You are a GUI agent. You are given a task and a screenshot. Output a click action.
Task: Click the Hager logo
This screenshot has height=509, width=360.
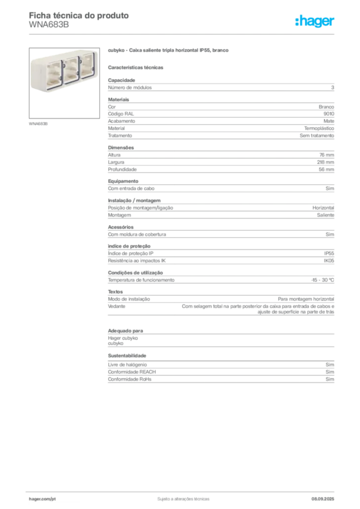click(315, 21)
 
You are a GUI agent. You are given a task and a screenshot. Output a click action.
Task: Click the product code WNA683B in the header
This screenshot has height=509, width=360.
click(49, 25)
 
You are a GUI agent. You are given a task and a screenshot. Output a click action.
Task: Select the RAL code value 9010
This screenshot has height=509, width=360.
click(329, 114)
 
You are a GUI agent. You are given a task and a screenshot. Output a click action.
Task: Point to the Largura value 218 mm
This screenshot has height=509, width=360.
click(325, 163)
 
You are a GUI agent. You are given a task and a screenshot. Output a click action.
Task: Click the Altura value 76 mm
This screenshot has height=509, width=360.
click(327, 155)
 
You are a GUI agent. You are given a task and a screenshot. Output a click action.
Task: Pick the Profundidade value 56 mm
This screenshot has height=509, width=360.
click(326, 170)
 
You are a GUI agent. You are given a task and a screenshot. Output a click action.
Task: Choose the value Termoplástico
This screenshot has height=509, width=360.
click(319, 129)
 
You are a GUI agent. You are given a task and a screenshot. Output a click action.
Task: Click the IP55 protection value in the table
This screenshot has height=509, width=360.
click(329, 254)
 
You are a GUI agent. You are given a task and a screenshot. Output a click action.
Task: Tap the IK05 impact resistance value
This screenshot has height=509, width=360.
click(329, 260)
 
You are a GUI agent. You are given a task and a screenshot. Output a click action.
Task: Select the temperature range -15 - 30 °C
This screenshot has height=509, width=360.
click(322, 280)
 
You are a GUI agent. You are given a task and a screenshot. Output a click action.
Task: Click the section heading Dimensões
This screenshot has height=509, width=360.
click(121, 148)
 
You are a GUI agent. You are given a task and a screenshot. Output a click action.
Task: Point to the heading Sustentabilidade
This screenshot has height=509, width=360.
click(127, 356)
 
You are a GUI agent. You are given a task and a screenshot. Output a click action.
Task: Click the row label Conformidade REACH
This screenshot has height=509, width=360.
click(132, 372)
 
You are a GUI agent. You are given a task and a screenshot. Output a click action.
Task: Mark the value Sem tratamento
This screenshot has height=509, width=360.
click(317, 136)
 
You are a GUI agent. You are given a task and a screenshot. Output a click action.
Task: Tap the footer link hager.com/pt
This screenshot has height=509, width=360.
click(42, 499)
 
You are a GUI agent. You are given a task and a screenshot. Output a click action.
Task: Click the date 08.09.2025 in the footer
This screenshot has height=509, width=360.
click(323, 499)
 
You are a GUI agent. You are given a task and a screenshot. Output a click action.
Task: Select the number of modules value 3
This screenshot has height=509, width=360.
click(333, 87)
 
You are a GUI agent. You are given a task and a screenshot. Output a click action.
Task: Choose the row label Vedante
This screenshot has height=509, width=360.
click(116, 306)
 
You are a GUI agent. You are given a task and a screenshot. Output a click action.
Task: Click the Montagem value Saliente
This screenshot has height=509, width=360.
click(325, 215)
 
